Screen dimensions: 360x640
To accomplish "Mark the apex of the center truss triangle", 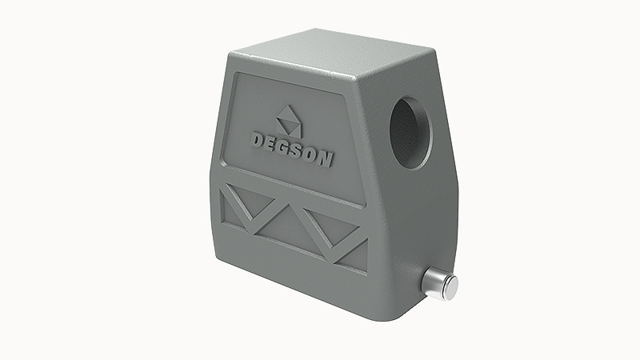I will tap(294, 209).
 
